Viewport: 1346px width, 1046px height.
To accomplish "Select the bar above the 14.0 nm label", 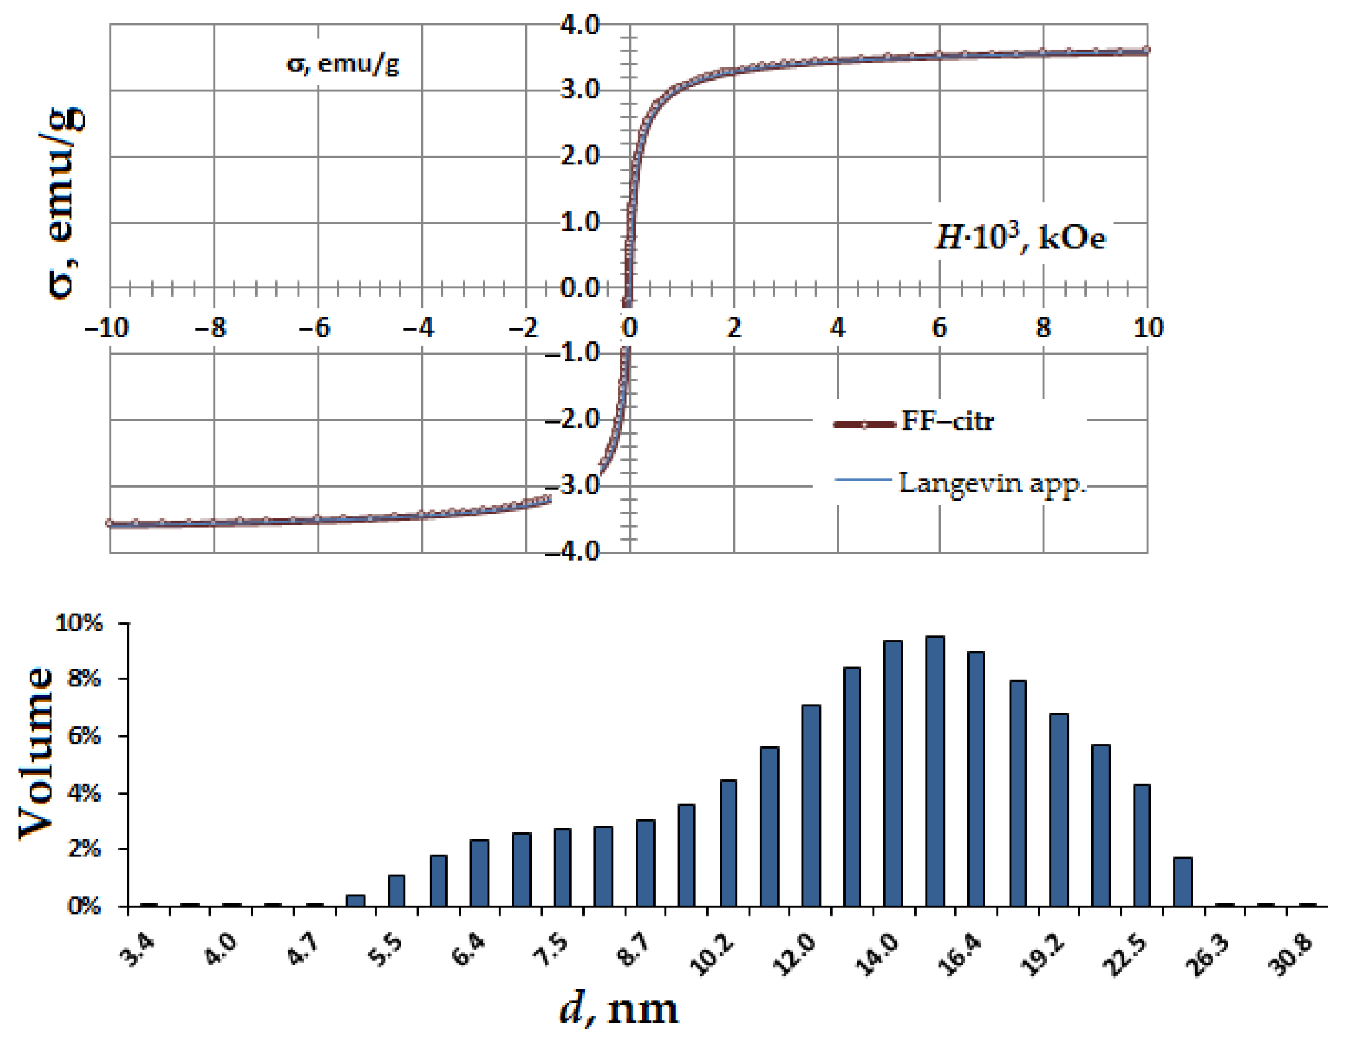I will [x=893, y=774].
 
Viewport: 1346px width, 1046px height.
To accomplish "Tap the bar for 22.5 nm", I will [x=1142, y=845].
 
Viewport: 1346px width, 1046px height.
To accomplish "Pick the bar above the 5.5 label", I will [x=396, y=890].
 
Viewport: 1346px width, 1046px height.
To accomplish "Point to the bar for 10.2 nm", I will [x=728, y=843].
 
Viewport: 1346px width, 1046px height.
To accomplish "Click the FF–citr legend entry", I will [x=947, y=421].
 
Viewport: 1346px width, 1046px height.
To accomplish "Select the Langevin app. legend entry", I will [x=991, y=483].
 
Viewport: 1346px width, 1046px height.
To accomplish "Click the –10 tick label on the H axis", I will [x=106, y=328].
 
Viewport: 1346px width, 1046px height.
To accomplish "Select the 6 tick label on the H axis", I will [x=939, y=328].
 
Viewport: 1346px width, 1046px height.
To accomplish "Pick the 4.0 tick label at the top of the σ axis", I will [x=579, y=25].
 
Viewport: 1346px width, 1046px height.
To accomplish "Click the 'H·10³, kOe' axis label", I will [x=1020, y=238].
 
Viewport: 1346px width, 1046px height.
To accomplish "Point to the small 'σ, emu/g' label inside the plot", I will [x=343, y=64].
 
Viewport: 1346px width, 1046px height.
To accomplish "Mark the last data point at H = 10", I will [x=1146, y=50].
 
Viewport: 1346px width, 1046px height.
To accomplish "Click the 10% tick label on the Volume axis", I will [x=79, y=623].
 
